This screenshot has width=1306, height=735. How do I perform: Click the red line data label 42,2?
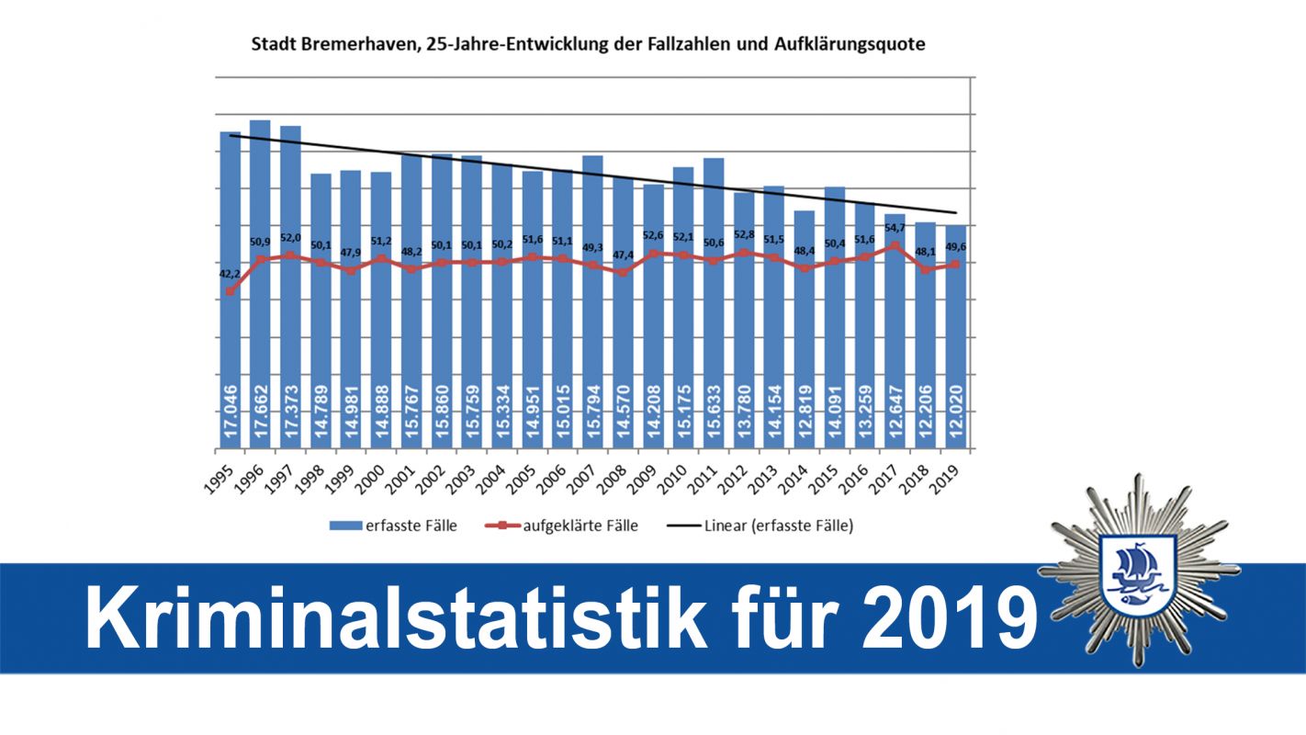point(229,273)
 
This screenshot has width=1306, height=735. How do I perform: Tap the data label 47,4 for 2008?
point(622,254)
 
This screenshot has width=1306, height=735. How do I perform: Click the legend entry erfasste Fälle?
point(394,526)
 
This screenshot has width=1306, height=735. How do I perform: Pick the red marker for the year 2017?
point(894,246)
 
